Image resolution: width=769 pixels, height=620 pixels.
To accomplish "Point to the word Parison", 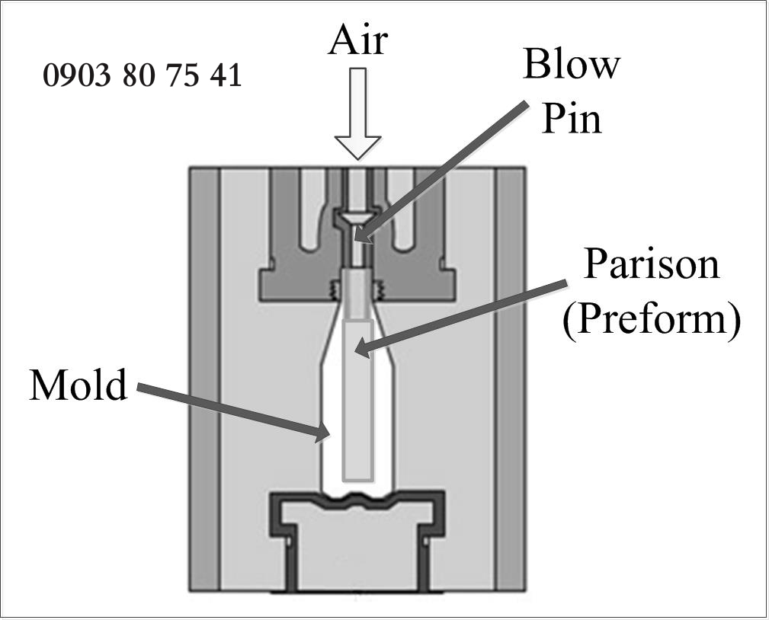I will coord(651,264).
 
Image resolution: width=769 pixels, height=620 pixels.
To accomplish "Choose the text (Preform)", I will coord(651,320).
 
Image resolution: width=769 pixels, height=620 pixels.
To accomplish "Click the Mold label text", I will coord(78,385).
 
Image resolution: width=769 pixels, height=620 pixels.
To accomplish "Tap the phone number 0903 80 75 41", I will coord(143,75).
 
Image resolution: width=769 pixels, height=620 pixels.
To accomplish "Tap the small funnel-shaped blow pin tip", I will coord(356,219).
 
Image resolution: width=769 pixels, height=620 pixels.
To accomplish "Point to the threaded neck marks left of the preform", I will coord(333,290).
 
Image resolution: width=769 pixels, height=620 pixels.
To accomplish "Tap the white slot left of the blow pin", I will coord(312,206).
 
